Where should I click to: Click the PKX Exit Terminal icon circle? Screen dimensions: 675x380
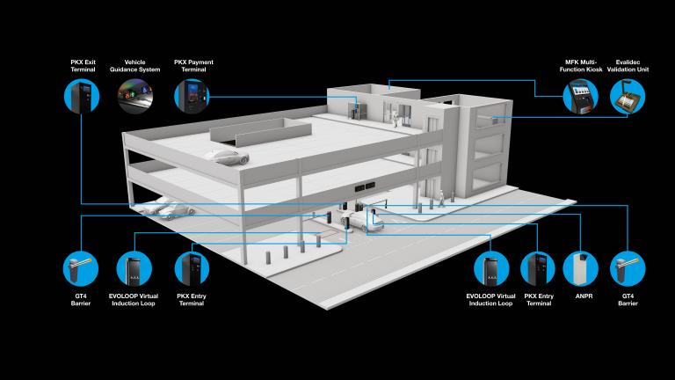pos(82,96)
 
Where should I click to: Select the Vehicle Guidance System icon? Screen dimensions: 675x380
pos(134,96)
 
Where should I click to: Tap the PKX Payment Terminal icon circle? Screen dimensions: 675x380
pos(192,96)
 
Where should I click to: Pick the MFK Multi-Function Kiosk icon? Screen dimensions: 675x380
pos(581,97)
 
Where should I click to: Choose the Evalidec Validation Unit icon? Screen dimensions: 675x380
pos(628,97)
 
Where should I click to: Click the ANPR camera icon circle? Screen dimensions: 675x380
pos(580,268)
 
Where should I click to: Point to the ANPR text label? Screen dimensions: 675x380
pos(584,296)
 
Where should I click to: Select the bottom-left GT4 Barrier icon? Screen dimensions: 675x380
pos(81,268)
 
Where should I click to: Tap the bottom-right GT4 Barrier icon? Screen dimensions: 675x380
pos(628,268)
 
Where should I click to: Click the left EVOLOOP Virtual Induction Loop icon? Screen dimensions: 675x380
pos(134,268)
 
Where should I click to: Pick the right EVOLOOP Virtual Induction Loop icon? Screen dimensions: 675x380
pos(491,268)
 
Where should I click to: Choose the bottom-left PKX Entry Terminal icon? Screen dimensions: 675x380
pos(192,268)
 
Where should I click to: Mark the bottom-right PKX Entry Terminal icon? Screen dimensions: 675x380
pos(538,268)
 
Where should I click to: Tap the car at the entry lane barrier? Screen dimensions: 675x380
pos(361,221)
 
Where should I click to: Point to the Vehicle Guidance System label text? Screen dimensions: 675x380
pos(134,66)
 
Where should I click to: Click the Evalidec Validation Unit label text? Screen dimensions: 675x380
pos(628,66)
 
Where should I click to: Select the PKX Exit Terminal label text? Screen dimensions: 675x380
pos(83,66)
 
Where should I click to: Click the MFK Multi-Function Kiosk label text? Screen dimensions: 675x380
pos(581,66)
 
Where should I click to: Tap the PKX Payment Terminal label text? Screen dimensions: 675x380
pos(193,66)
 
